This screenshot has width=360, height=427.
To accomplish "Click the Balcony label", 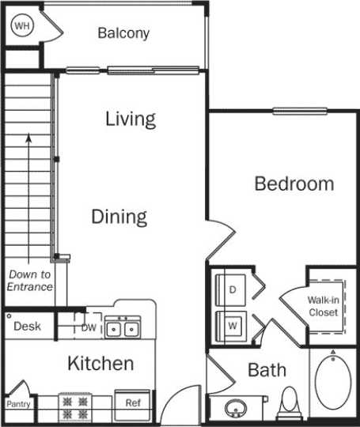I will click(123, 33).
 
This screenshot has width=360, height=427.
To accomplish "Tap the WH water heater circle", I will click(22, 25).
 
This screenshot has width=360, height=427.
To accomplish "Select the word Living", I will click(131, 119).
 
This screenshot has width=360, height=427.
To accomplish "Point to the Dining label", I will click(119, 217).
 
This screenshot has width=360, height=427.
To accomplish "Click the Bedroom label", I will click(294, 184).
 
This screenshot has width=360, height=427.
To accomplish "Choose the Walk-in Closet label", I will click(323, 306).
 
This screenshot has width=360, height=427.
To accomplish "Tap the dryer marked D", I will click(233, 289).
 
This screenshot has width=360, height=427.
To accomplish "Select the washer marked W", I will click(233, 324).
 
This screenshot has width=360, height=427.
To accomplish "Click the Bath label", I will click(267, 370).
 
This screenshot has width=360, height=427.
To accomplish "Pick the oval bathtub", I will click(332, 385).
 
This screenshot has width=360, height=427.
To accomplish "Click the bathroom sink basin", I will click(234, 410).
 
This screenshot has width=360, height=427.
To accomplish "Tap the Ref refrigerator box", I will click(133, 402).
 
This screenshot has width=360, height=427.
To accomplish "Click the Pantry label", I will click(18, 403).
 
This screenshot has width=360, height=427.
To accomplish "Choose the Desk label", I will click(27, 326).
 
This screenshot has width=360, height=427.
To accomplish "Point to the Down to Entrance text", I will click(30, 281).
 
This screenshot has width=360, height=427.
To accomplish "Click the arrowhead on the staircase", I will click(29, 138).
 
